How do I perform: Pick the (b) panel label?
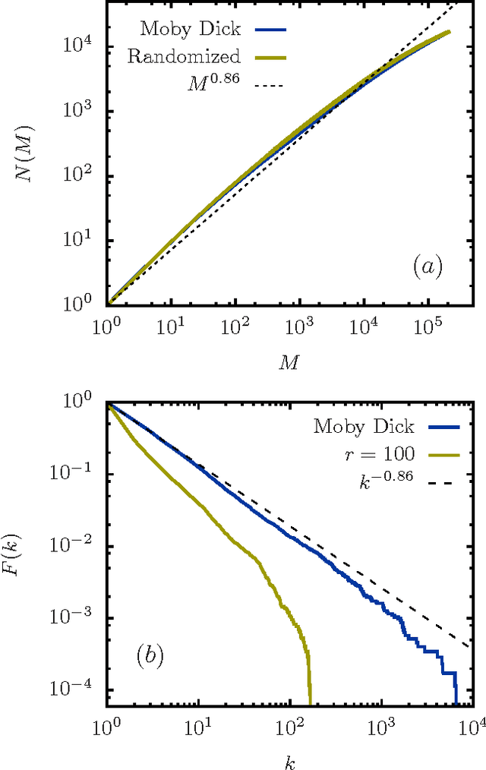coord(151,655)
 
